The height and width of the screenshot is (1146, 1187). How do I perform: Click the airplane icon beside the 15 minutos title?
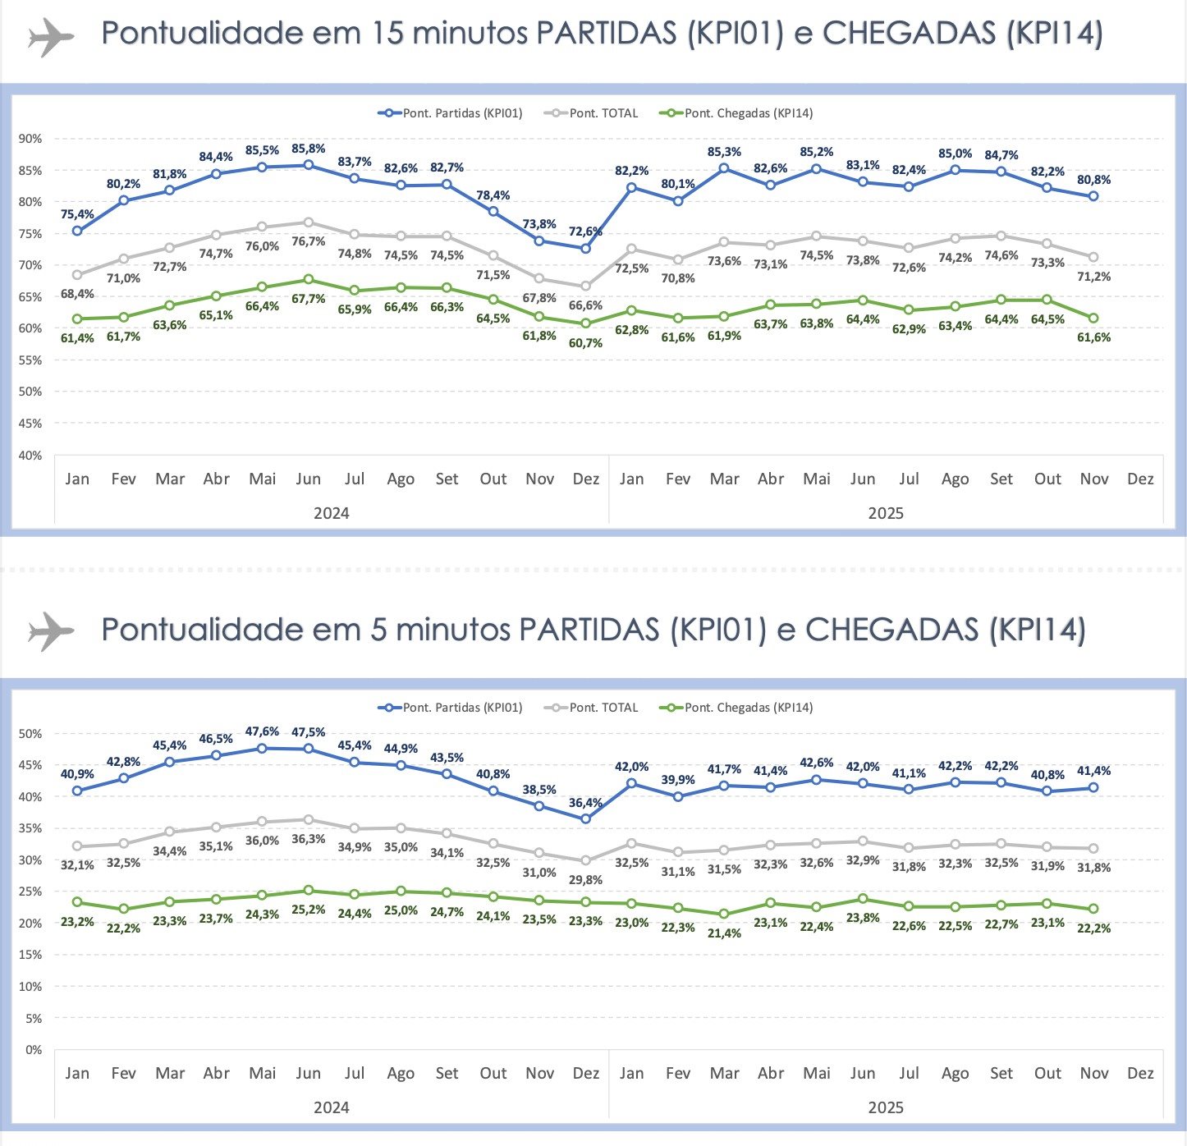coord(51,36)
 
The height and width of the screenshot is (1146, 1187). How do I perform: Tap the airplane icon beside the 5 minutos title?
coord(51,631)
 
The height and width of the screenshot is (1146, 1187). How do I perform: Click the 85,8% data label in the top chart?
coord(308,149)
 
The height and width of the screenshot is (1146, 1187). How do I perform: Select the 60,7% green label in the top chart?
coord(585,343)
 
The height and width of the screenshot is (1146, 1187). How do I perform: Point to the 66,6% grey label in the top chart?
coord(585,305)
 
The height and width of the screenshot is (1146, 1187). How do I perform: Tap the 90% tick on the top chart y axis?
coord(30,139)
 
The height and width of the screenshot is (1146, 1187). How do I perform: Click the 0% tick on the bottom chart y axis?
coord(34,1050)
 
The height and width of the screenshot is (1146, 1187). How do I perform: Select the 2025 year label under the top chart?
coord(885,514)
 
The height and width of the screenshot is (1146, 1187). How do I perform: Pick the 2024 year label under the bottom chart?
coord(331,1108)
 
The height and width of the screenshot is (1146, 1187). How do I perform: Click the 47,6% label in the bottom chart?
coord(262,731)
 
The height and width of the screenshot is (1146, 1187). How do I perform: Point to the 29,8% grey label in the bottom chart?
coord(585,880)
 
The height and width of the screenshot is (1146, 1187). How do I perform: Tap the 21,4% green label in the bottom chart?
coord(724,933)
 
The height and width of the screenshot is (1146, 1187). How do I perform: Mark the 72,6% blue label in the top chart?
coord(585,231)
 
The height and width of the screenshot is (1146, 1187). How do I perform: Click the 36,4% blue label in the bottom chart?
coord(585,803)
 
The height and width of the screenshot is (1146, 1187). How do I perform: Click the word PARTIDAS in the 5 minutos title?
coord(589,630)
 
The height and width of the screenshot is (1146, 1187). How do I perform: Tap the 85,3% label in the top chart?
coord(724,152)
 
